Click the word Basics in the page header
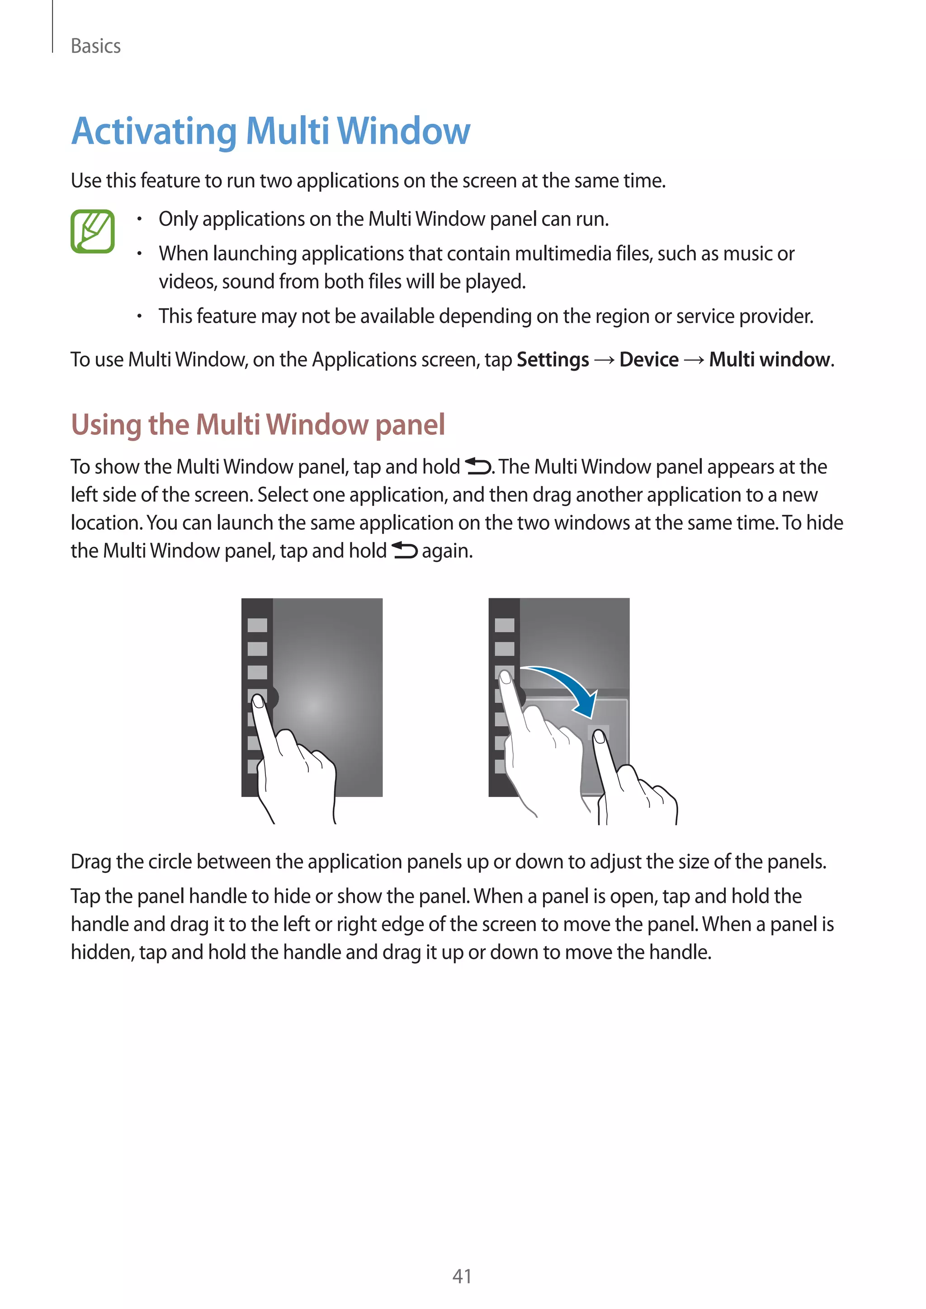(x=95, y=46)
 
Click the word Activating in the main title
(x=153, y=132)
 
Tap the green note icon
(x=92, y=231)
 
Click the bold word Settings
(x=553, y=360)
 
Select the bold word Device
(x=649, y=360)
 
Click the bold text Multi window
(x=769, y=360)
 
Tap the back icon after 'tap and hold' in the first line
(x=478, y=466)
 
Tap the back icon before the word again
(x=404, y=550)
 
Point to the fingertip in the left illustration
(x=258, y=701)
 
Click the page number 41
(x=462, y=1276)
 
